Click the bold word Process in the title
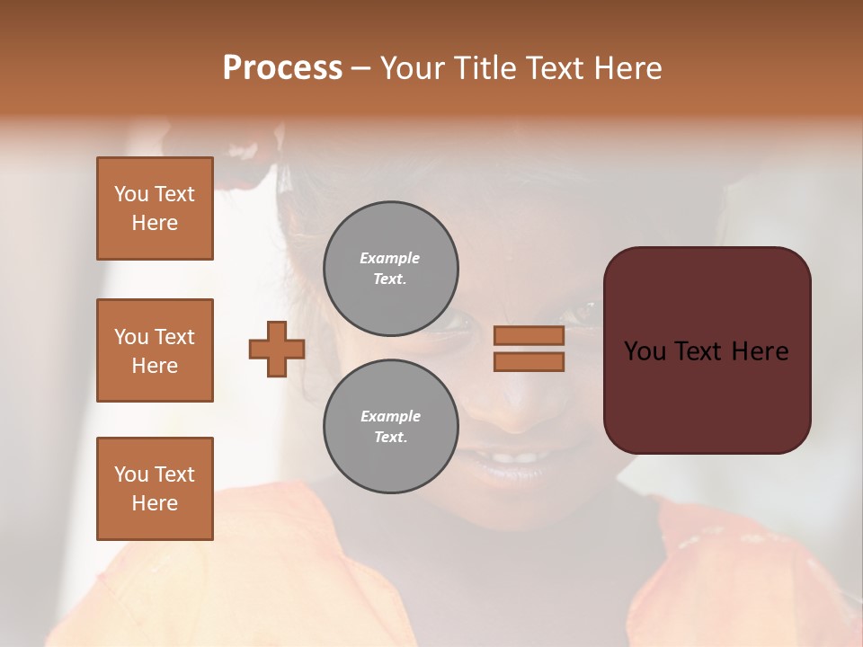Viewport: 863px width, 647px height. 282,68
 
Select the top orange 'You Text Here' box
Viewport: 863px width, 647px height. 155,208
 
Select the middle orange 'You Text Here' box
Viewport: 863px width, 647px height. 155,350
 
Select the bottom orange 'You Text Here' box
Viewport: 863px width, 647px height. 155,488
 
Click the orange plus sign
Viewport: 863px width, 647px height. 277,349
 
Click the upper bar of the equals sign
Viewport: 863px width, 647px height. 529,335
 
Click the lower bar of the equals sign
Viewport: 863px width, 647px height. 529,362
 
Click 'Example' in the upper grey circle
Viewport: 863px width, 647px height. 390,258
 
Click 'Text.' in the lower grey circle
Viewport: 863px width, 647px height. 390,437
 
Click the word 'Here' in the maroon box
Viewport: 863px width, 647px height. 759,351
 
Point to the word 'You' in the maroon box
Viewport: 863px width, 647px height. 645,351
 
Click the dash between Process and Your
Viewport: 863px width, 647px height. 361,68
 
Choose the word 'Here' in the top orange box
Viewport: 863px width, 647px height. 155,223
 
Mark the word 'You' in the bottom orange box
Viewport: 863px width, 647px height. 131,474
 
